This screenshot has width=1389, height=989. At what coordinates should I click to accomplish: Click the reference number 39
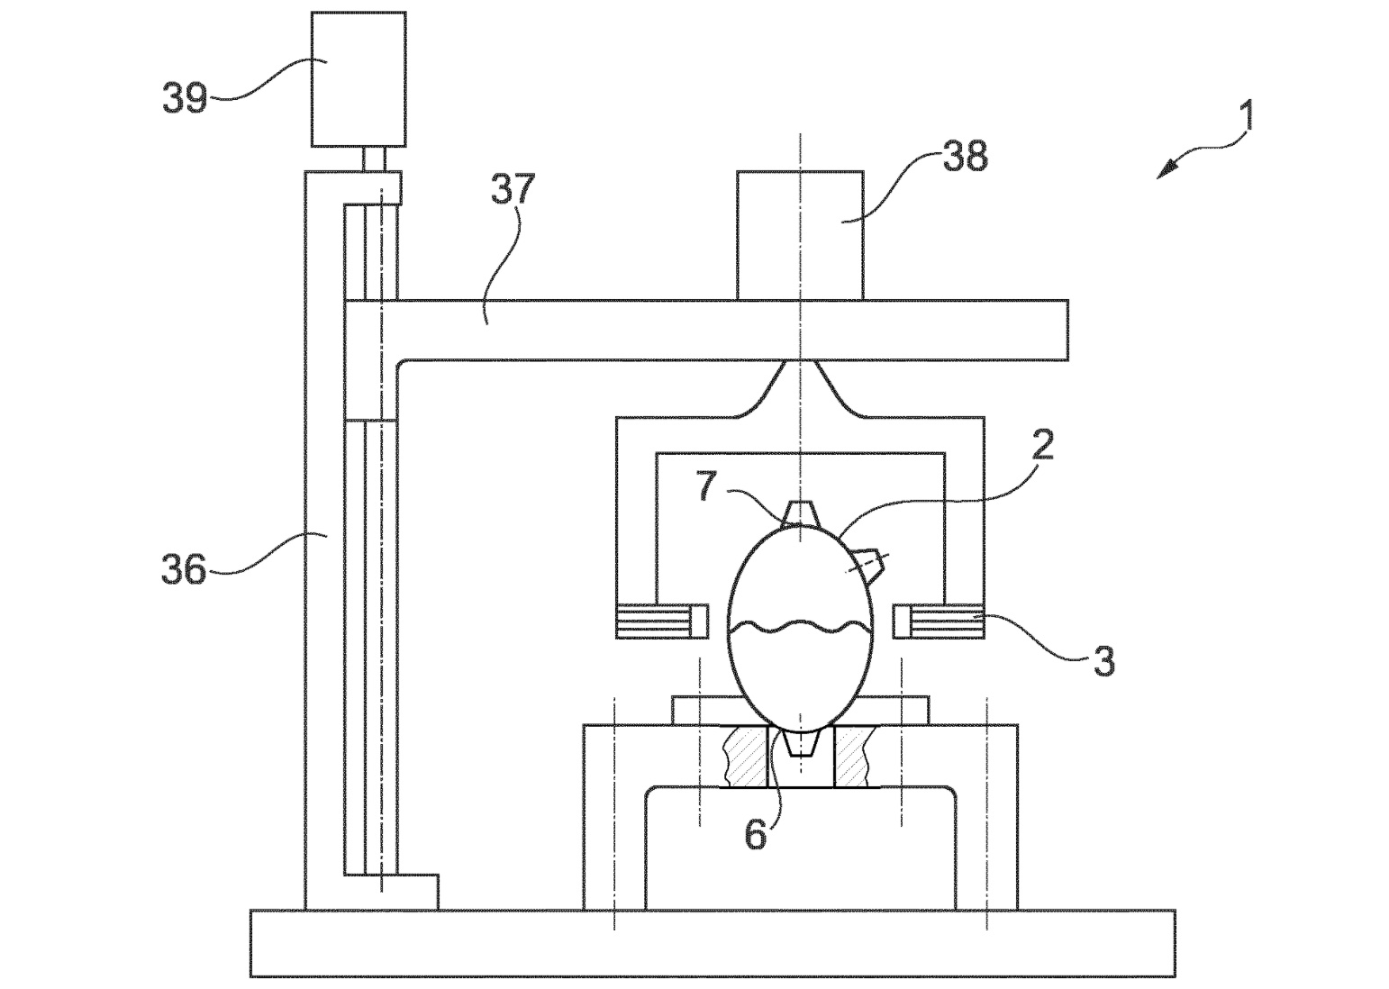tap(185, 98)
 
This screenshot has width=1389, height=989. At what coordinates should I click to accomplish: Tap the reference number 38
tap(966, 156)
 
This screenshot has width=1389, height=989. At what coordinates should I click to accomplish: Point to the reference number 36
tap(184, 569)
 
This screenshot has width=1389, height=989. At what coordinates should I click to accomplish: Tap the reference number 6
tap(755, 835)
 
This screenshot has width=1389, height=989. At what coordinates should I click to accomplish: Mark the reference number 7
tap(706, 485)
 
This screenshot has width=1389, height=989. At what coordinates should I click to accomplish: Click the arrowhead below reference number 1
tap(1167, 168)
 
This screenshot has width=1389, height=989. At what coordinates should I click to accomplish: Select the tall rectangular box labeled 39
tap(359, 79)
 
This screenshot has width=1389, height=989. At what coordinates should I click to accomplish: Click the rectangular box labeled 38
tap(800, 236)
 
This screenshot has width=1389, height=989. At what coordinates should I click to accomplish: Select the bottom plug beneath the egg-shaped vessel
tap(799, 743)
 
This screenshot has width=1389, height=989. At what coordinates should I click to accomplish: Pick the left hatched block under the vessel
tap(744, 756)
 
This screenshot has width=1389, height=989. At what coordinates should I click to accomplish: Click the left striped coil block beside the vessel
tap(662, 622)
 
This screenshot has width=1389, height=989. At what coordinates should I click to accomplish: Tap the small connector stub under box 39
tap(375, 159)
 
